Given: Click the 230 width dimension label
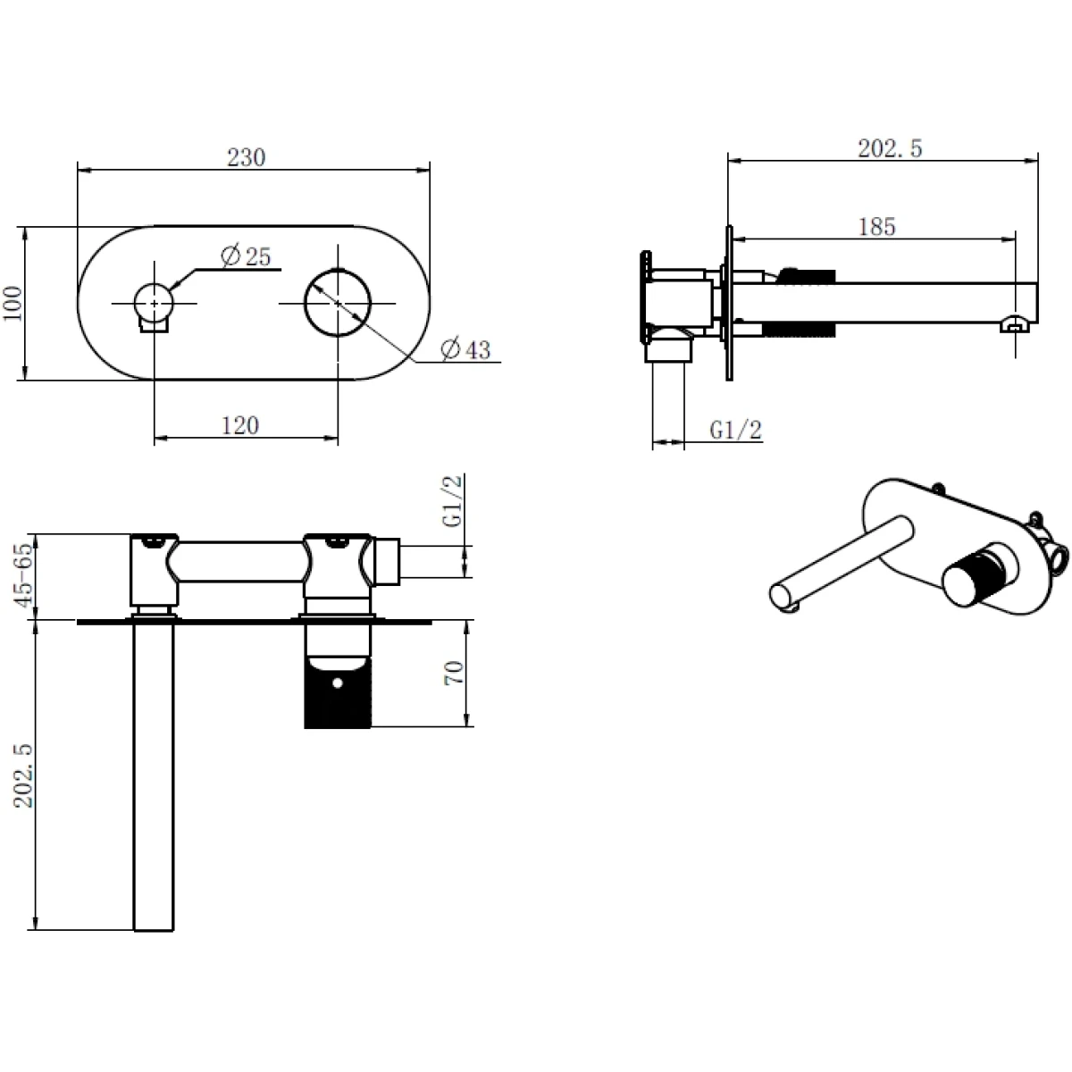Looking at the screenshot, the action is (246, 157).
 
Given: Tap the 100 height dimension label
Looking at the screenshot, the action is (13, 303).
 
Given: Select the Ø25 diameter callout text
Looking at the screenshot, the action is (246, 255).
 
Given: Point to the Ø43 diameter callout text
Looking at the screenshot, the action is (465, 349).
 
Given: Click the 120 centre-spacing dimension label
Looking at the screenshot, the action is (240, 425).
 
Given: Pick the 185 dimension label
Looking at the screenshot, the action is (876, 226).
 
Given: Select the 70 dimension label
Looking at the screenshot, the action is (454, 673).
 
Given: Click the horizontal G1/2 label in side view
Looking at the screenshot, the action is (735, 430).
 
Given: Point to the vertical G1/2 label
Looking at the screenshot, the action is (452, 500).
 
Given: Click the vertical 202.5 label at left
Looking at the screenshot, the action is (23, 776).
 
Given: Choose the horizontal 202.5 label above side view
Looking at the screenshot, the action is (890, 148).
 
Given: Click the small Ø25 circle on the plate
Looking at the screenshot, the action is (154, 303).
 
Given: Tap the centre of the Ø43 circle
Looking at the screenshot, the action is (337, 303).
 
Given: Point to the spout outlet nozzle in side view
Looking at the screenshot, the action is (1014, 325).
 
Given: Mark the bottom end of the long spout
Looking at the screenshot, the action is (154, 930).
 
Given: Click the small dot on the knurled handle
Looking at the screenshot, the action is (338, 682).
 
